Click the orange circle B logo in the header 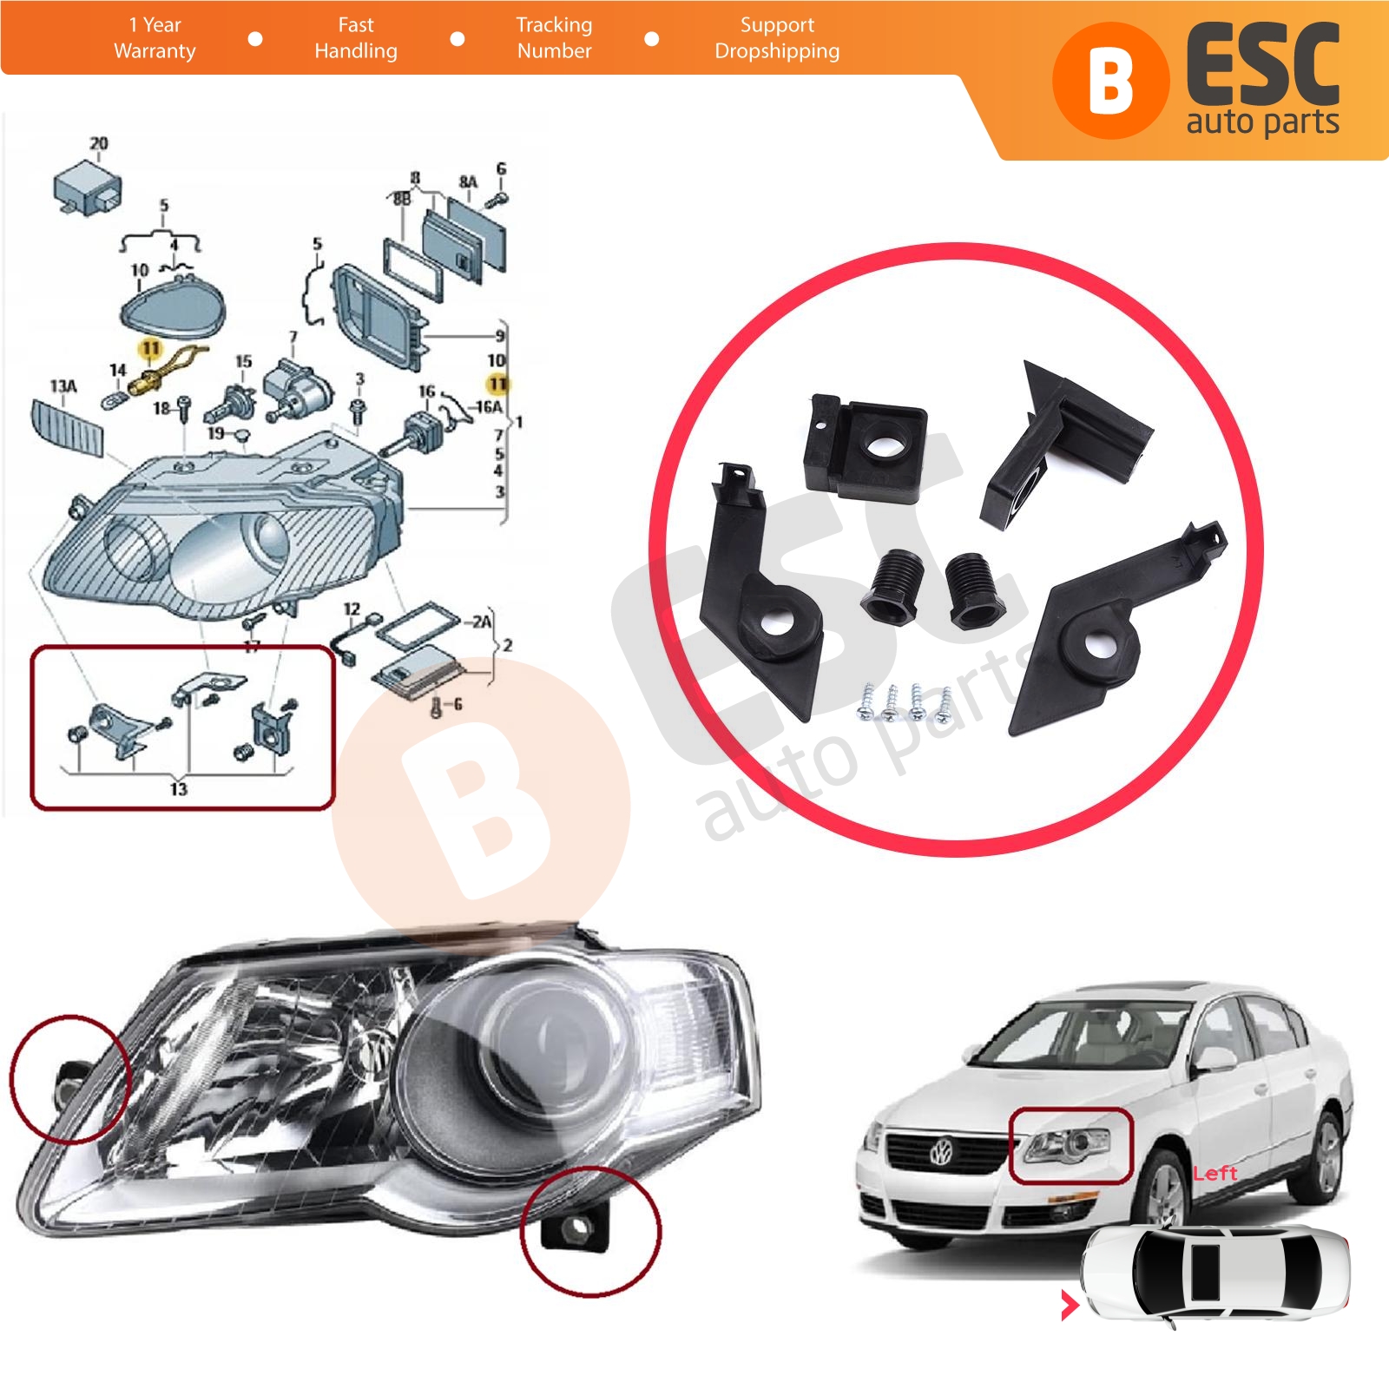point(1110,82)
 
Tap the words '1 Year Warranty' point(155,38)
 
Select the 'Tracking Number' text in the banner point(554,38)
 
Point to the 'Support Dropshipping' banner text point(777,38)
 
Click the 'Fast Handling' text point(356,38)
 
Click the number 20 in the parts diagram point(99,143)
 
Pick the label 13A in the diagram point(63,385)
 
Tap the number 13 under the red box point(179,788)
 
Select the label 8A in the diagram point(468,181)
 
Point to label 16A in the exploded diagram point(489,406)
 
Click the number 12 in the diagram point(352,609)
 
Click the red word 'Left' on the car point(1215,1174)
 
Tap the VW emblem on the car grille point(941,1154)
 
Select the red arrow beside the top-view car point(1070,1305)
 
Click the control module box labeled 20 point(88,187)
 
